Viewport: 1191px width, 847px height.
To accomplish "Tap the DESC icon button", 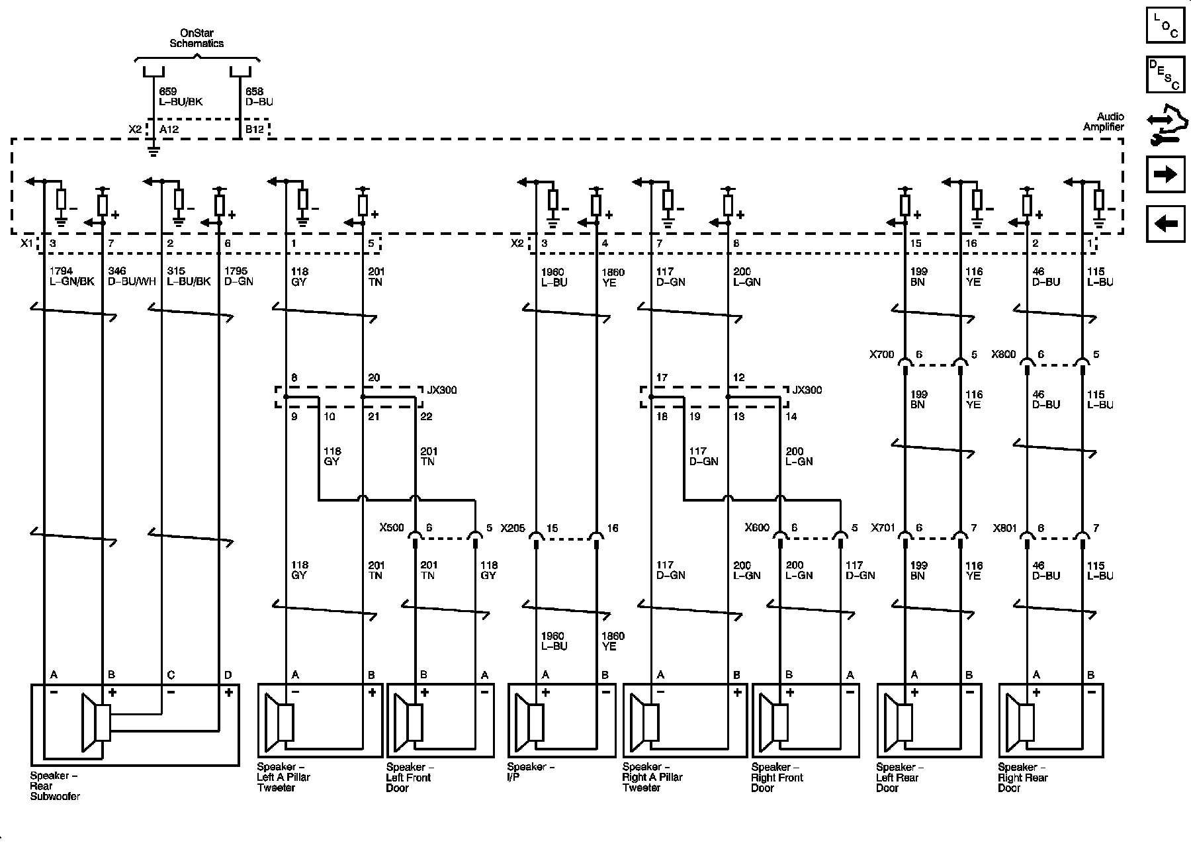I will click(x=1165, y=75).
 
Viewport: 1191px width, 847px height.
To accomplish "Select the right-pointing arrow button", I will click(x=1165, y=174).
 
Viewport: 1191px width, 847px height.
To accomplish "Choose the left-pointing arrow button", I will click(x=1165, y=223).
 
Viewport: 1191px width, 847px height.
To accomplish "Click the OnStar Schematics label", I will click(x=197, y=38).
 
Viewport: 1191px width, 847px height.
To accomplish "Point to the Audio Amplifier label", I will click(x=1104, y=122).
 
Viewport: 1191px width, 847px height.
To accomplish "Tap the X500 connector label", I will click(x=392, y=528).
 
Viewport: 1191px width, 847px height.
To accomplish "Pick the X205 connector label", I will click(x=513, y=528).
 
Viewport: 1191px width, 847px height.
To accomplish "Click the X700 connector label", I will click(x=881, y=355).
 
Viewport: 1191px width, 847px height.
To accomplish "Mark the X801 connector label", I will click(x=1004, y=528).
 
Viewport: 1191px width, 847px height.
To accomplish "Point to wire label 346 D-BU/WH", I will click(x=132, y=277).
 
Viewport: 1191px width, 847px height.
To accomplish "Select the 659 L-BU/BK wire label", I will click(x=181, y=97).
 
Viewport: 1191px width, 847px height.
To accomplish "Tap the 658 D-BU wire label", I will click(x=259, y=97).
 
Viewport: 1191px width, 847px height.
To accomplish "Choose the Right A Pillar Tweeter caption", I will click(x=652, y=778).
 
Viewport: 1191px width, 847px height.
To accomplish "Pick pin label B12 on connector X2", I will click(x=255, y=129).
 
